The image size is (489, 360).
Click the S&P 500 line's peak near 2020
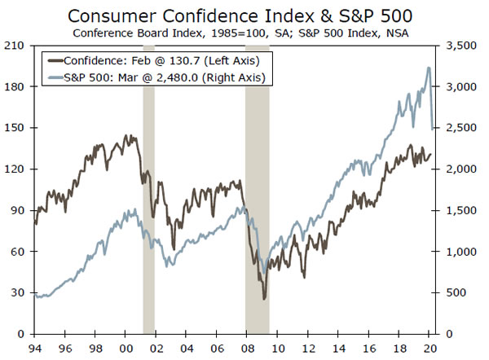429,68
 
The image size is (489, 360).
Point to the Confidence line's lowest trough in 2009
264,299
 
